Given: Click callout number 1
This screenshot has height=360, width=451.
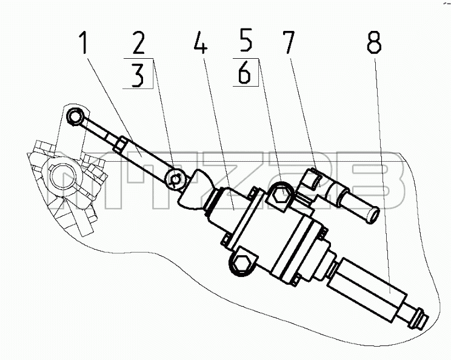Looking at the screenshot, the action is pos(83,42).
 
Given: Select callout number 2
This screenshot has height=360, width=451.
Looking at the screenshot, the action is pos(139,42).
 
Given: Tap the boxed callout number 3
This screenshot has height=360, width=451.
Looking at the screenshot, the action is pos(138,75).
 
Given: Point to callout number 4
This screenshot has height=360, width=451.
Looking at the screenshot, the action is pos(201,42).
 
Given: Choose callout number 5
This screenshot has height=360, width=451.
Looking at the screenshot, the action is pos(246,39).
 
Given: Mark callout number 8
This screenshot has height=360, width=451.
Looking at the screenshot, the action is pos(374,42).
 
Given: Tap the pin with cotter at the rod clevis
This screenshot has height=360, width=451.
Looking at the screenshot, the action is pos(175,179).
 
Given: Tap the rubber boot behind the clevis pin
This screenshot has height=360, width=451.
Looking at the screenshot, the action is pos(195,188).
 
